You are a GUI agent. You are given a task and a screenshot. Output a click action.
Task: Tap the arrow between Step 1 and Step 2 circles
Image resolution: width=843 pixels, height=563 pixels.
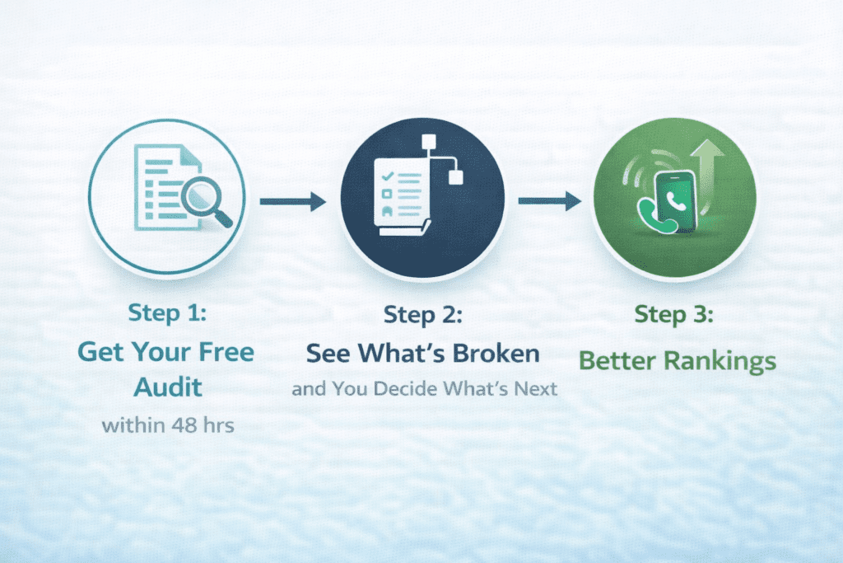pyautogui.click(x=292, y=200)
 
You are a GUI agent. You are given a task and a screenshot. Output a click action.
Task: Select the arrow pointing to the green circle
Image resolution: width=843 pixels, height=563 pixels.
pyautogui.click(x=550, y=200)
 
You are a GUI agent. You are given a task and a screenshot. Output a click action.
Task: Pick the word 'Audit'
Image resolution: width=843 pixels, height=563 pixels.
pyautogui.click(x=166, y=387)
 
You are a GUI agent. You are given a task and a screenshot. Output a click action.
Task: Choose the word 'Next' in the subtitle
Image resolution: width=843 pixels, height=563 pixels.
pyautogui.click(x=537, y=388)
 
